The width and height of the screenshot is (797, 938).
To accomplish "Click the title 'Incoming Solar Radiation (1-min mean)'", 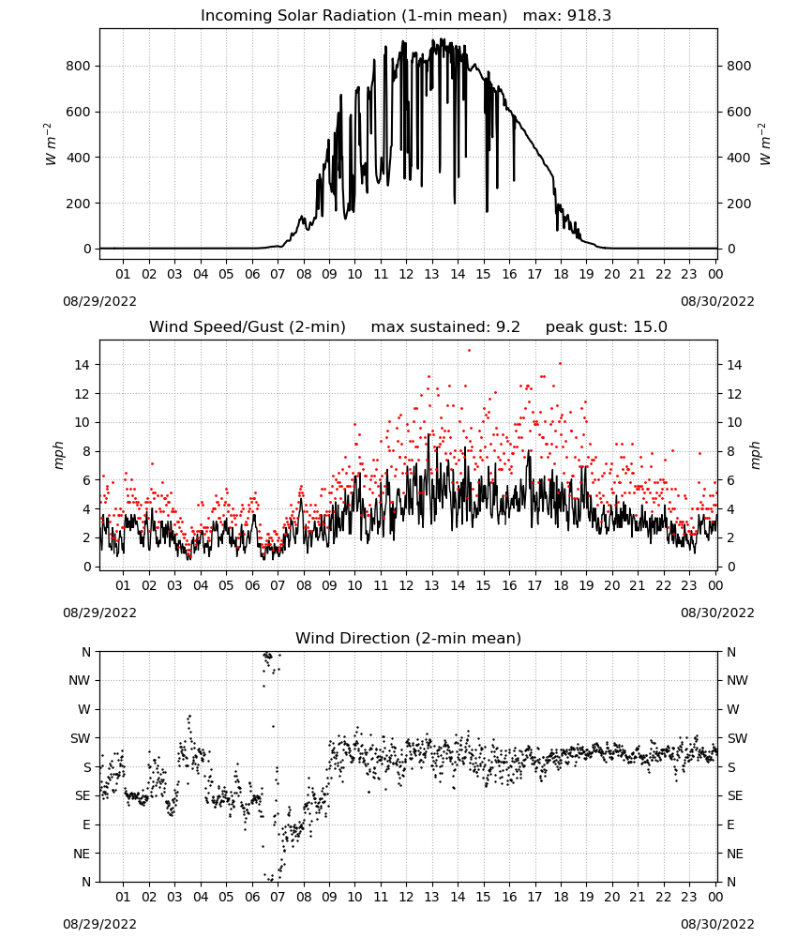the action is [x=353, y=16].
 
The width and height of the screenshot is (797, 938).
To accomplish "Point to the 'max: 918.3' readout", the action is [x=567, y=16].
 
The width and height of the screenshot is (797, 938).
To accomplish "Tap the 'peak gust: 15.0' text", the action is [x=607, y=326].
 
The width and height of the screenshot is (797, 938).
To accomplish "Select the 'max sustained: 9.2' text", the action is [x=445, y=326].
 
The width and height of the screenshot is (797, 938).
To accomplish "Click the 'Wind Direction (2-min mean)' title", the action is [x=409, y=638].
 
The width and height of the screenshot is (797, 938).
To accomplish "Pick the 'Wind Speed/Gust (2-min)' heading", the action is [x=247, y=326].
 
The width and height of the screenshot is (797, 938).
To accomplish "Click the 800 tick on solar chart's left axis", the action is [x=79, y=66].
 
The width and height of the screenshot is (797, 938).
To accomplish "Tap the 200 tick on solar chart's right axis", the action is [x=739, y=204].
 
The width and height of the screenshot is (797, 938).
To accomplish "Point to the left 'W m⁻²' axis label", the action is [x=51, y=144].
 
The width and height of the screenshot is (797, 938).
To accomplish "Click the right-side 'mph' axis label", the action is [x=755, y=455].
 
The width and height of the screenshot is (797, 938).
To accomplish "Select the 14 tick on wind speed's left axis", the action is [x=83, y=365].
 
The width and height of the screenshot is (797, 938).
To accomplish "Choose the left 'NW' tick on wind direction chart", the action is [x=80, y=681].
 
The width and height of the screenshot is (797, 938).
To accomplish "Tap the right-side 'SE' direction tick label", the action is [x=735, y=796].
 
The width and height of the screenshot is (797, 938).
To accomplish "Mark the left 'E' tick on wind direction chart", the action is [x=86, y=825].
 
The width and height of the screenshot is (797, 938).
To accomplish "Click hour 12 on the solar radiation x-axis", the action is [x=406, y=275].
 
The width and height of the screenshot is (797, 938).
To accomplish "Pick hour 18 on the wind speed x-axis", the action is [x=561, y=585].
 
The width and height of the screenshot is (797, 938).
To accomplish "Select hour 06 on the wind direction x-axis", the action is [x=252, y=898].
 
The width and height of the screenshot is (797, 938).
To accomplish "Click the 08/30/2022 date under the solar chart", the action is [x=717, y=301].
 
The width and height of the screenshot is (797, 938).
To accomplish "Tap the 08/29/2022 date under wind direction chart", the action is [x=99, y=924].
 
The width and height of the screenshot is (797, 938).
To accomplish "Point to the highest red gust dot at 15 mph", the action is [x=469, y=351].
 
